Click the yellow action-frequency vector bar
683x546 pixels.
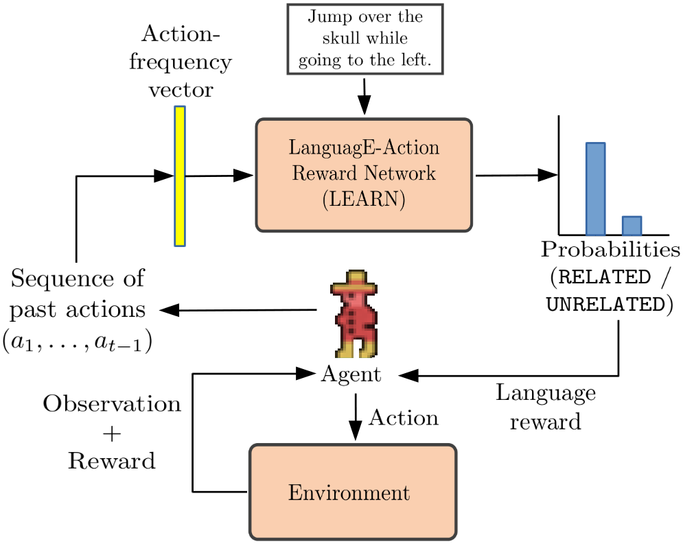pyautogui.click(x=180, y=176)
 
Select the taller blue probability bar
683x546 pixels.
pyautogui.click(x=595, y=189)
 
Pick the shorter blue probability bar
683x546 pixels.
pyautogui.click(x=632, y=226)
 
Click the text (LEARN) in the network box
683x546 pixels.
pyautogui.click(x=364, y=199)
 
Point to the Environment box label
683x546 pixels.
pyautogui.click(x=349, y=492)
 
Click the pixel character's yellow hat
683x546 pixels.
pyautogui.click(x=354, y=282)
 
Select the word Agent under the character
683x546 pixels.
pyautogui.click(x=351, y=375)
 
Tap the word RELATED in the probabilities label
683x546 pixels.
pyautogui.click(x=604, y=277)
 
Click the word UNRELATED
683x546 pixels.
pyautogui.click(x=605, y=305)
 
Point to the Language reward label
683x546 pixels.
pyautogui.click(x=546, y=407)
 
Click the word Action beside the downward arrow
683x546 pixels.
pyautogui.click(x=404, y=418)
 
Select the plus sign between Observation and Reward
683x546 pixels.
pyautogui.click(x=112, y=434)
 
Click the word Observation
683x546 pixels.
pyautogui.click(x=112, y=403)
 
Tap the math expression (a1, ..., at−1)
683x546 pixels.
pyautogui.click(x=78, y=342)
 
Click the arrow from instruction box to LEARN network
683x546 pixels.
pyautogui.click(x=364, y=97)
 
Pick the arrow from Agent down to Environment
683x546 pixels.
pyautogui.click(x=356, y=417)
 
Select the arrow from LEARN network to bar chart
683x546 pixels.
pyautogui.click(x=517, y=176)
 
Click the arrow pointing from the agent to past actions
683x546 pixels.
pyautogui.click(x=238, y=311)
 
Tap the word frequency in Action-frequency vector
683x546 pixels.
pyautogui.click(x=181, y=62)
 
